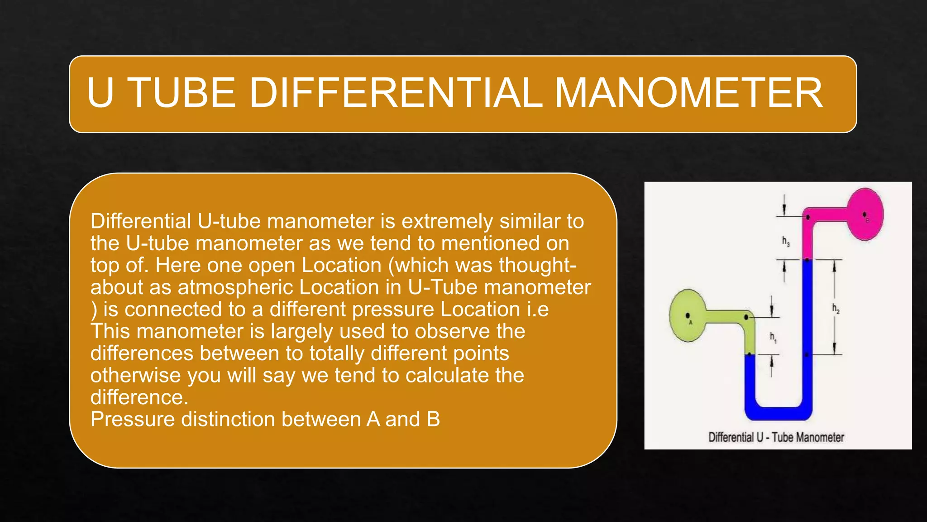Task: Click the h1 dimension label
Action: pos(773,337)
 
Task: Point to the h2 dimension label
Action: pos(836,309)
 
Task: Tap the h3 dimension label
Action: pos(786,241)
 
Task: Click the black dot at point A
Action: pos(688,315)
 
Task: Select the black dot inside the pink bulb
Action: pos(865,214)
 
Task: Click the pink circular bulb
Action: pos(865,214)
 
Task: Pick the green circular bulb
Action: pos(687,315)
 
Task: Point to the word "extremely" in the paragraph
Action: pos(448,222)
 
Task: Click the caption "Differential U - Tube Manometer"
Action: pos(776,437)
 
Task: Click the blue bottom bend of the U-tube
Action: pos(779,412)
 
